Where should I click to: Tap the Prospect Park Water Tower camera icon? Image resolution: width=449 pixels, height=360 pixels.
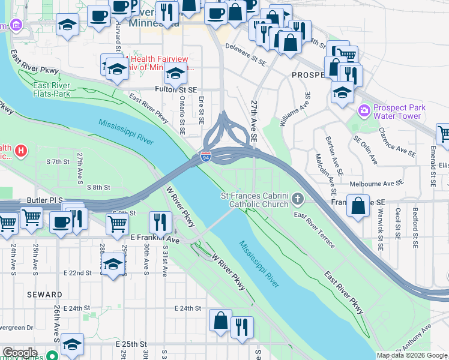coord(363,111)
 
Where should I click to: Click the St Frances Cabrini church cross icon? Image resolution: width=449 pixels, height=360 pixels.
coord(298,200)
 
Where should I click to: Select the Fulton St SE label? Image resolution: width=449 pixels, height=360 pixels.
coord(176,89)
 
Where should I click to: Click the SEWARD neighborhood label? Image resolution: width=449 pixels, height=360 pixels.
coord(44,295)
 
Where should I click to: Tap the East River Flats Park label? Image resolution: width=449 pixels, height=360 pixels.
coord(52,89)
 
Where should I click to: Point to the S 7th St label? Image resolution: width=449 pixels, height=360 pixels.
coord(58,162)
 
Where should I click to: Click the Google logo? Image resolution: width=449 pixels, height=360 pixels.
coord(20,353)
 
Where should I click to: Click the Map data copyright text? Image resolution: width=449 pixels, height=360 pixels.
coord(411,355)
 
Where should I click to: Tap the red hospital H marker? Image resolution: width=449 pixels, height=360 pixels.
coord(22,149)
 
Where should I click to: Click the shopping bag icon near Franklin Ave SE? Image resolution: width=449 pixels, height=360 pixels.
coord(358,206)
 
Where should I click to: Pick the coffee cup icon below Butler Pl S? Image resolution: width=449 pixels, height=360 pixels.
coord(61,222)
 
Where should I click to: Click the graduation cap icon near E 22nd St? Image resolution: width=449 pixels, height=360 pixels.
coord(113,265)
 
